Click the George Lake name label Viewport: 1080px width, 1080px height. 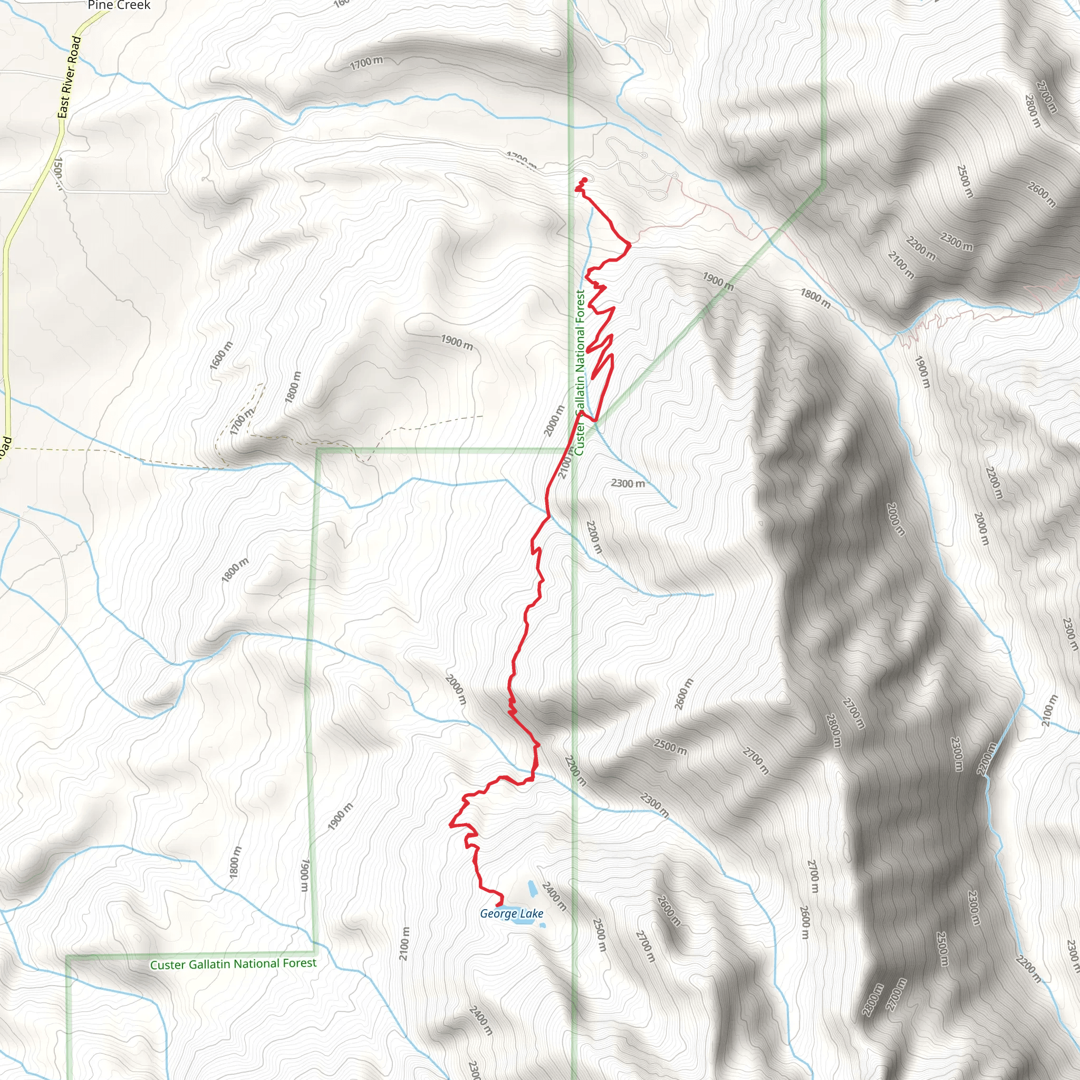click(512, 913)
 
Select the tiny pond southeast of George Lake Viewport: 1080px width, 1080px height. click(542, 925)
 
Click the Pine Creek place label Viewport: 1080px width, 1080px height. click(119, 6)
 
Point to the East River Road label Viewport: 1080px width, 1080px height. click(70, 77)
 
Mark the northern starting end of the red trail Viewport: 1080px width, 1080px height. click(585, 179)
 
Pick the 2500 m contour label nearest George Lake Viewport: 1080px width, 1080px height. click(599, 934)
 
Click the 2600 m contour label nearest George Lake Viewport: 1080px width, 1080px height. click(668, 910)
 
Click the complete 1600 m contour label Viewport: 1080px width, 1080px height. click(221, 355)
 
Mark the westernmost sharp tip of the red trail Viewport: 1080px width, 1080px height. click(450, 824)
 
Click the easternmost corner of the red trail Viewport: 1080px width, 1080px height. click(631, 244)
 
